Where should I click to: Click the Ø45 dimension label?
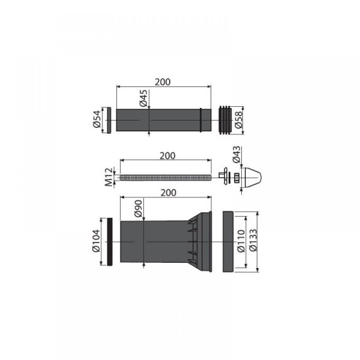coord(143,98)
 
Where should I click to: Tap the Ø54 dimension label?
coord(97,119)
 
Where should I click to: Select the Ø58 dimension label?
coord(239,119)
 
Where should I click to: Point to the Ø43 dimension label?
coord(236,154)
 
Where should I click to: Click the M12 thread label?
coord(109,177)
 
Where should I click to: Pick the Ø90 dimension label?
coord(139,208)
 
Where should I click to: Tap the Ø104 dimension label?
coord(96,241)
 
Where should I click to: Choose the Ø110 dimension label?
coord(241,241)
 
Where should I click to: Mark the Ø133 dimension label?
coord(253,240)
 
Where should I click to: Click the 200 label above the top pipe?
coord(163,82)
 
